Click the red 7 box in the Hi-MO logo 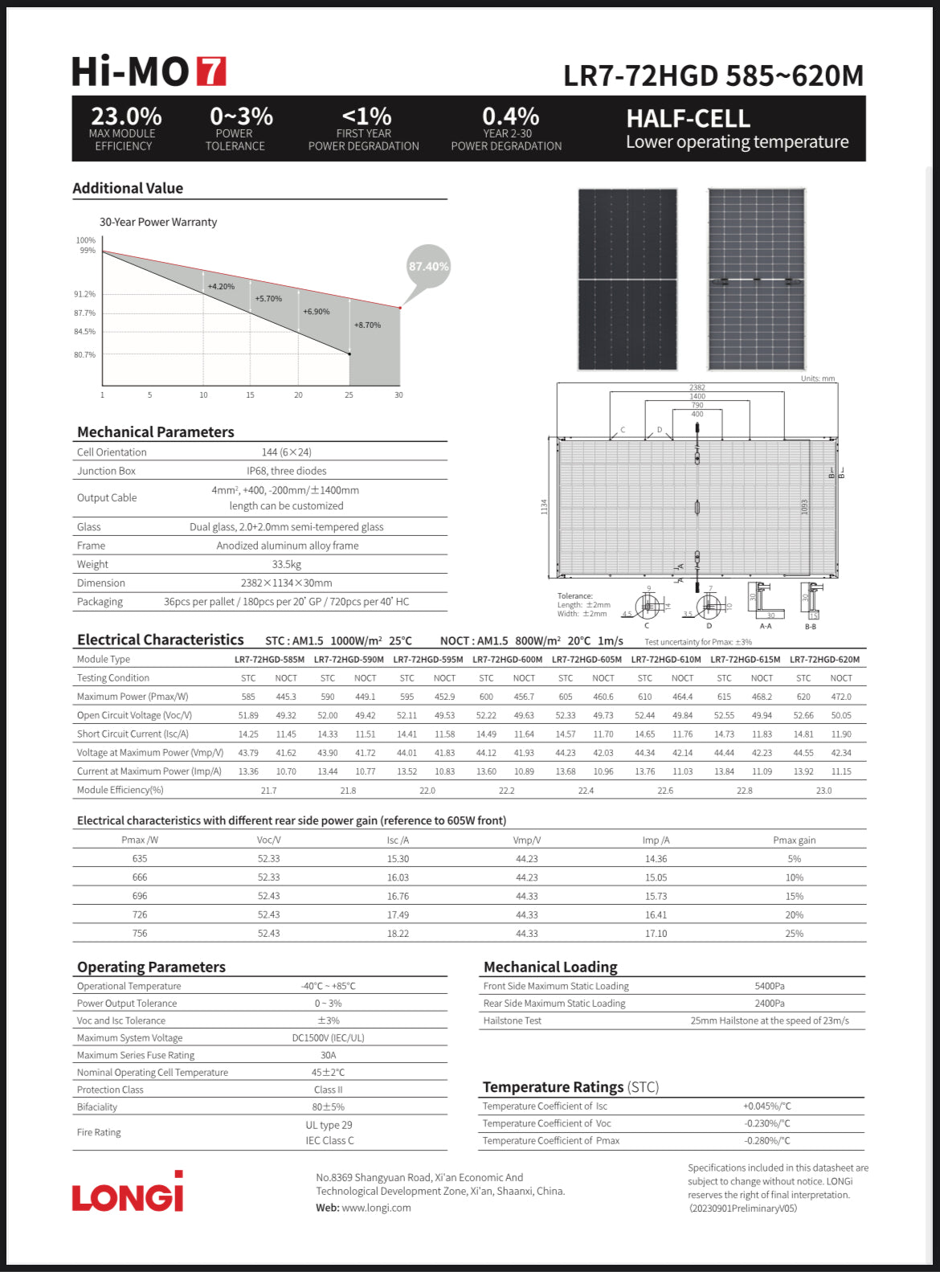[211, 72]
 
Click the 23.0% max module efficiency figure [126, 117]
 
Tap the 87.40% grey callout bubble [428, 267]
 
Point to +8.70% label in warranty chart [367, 325]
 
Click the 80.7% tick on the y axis [84, 354]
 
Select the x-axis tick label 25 [349, 395]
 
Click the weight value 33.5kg [286, 564]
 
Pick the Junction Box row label [106, 471]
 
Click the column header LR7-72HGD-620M [824, 660]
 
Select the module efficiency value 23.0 [824, 791]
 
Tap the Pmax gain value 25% [794, 934]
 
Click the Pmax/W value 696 [140, 896]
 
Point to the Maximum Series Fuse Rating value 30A [328, 1055]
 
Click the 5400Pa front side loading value [769, 986]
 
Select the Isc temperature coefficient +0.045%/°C [766, 1106]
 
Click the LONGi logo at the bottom [128, 1193]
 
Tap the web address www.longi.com [376, 1208]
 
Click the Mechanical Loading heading [550, 967]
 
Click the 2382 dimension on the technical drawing [697, 387]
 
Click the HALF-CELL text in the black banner [688, 119]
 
